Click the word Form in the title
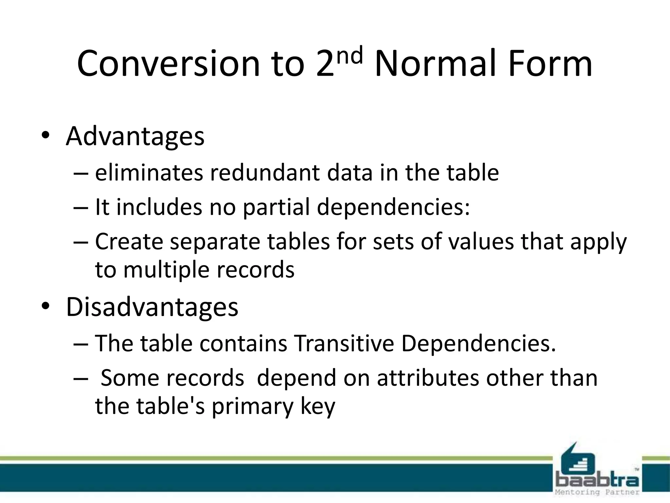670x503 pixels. pos(550,64)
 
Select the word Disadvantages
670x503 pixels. pos(152,307)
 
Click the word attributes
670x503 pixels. pos(428,378)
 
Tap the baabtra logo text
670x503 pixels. pos(597,480)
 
